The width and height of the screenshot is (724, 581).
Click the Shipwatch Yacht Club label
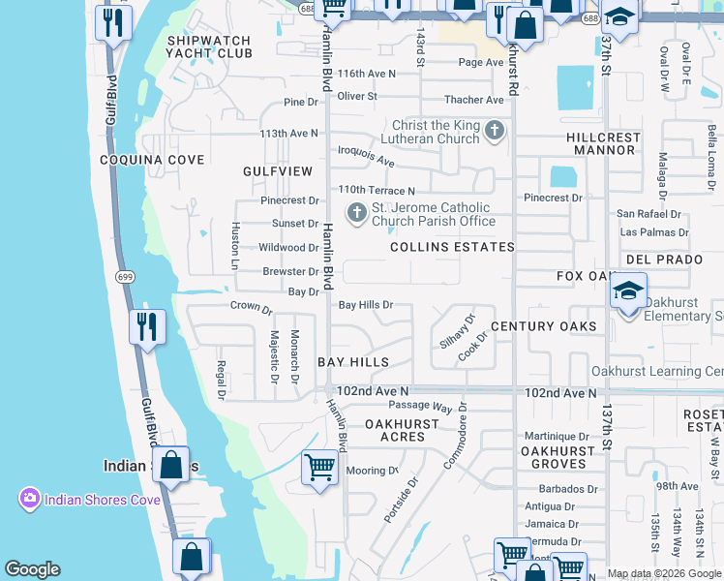[208, 47]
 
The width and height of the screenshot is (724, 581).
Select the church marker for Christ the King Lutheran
[495, 131]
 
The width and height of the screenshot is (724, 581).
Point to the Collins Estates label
[452, 247]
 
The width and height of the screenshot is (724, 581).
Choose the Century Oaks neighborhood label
[544, 326]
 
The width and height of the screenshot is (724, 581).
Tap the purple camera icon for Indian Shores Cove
[30, 499]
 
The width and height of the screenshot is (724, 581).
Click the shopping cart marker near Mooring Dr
[319, 468]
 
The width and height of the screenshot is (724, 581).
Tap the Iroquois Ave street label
[366, 156]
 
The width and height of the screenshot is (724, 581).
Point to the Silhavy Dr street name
[457, 331]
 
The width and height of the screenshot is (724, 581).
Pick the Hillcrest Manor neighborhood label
[604, 144]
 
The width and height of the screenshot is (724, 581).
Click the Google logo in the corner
[32, 569]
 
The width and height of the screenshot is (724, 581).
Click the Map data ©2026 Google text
[663, 573]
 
